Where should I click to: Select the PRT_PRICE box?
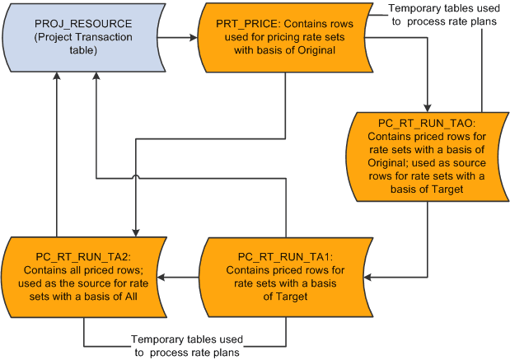[x=284, y=38]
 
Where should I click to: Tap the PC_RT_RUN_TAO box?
[x=428, y=156]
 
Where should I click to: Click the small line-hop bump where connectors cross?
[x=137, y=176]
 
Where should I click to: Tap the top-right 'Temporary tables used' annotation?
[x=448, y=15]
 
